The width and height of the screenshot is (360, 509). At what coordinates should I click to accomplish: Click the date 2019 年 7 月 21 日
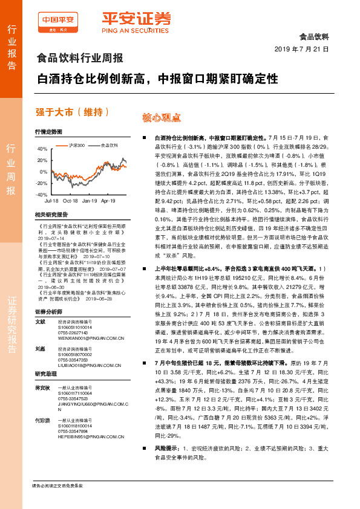click(301, 49)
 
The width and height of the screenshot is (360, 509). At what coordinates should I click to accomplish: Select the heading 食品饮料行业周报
click(80, 59)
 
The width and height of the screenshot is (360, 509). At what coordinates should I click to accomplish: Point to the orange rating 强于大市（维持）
click(73, 112)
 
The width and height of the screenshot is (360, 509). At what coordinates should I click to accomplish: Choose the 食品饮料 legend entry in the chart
click(109, 145)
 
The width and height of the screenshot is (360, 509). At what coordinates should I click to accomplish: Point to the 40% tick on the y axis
click(42, 149)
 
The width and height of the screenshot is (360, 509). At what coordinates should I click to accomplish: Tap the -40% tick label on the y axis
click(41, 195)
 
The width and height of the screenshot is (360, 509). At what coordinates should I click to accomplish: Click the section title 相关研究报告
click(51, 214)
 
